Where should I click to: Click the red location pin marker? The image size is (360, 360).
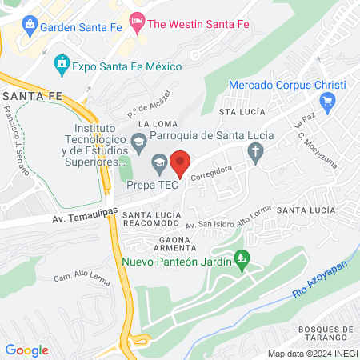(x=181, y=163)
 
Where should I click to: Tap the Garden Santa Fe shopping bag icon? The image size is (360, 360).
(x=29, y=24)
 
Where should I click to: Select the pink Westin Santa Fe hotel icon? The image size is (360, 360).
(x=137, y=24)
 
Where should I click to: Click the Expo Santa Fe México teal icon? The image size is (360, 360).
(x=62, y=62)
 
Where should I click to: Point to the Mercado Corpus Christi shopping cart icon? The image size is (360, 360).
(x=326, y=101)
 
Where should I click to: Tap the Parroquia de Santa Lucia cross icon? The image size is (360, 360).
(x=255, y=152)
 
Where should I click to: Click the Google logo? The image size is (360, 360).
(x=26, y=350)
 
